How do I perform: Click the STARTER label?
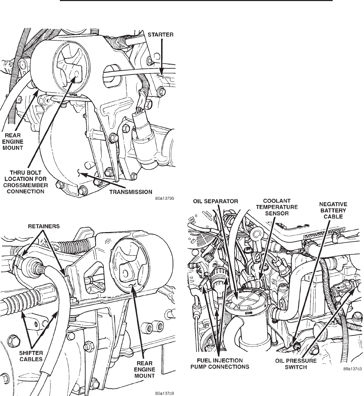tap(160, 34)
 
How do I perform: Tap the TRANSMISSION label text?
tap(130, 192)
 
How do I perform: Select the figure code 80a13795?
tap(165, 198)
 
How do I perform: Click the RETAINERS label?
tap(44, 226)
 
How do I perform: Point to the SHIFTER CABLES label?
tap(31, 356)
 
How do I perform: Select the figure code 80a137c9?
tap(165, 393)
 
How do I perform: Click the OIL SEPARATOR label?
tap(215, 201)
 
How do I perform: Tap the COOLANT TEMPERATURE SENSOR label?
tap(277, 207)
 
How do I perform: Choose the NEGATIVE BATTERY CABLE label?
tap(333, 211)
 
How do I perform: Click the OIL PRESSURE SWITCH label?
tap(296, 364)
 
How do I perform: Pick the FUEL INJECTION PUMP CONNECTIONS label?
tap(220, 364)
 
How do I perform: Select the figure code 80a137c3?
tap(353, 369)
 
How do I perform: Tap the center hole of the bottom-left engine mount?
tap(125, 273)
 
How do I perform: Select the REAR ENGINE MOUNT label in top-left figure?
tap(13, 142)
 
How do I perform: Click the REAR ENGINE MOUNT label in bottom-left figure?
tap(144, 370)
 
